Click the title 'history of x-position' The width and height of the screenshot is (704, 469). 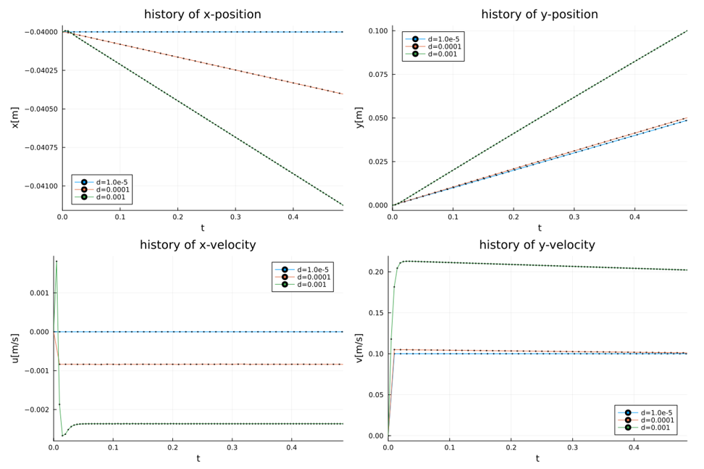(202, 14)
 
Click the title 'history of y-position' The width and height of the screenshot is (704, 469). (540, 14)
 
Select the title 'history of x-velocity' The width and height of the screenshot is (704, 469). (198, 245)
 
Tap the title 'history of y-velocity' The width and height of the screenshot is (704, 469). (537, 245)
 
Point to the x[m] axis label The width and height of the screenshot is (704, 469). (14, 117)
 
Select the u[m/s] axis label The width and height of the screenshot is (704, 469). (14, 348)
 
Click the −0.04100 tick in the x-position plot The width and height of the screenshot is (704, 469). (41, 186)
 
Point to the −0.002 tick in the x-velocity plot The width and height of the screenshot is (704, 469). (37, 410)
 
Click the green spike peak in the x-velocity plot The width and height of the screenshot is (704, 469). (56, 262)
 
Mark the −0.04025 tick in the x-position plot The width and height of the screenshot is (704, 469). (41, 70)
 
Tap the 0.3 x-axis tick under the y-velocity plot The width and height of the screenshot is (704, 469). (572, 447)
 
